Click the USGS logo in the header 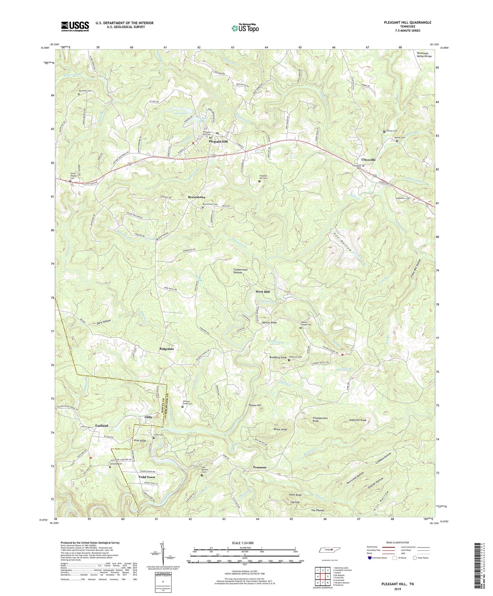point(75,26)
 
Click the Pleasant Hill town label point(218,141)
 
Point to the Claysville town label point(368,160)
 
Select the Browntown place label point(197,197)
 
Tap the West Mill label point(263,292)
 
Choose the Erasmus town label point(260,467)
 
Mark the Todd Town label point(146,477)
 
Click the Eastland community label point(102,426)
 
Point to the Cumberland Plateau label point(240,271)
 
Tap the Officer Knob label point(269,323)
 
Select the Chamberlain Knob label point(320,420)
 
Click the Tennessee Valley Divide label point(424,55)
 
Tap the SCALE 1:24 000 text point(243,543)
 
